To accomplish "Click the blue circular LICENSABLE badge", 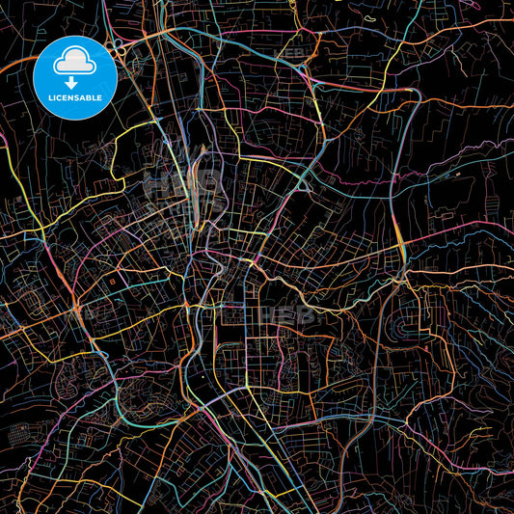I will coord(75,78).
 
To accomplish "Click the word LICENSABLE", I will coord(75,96).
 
